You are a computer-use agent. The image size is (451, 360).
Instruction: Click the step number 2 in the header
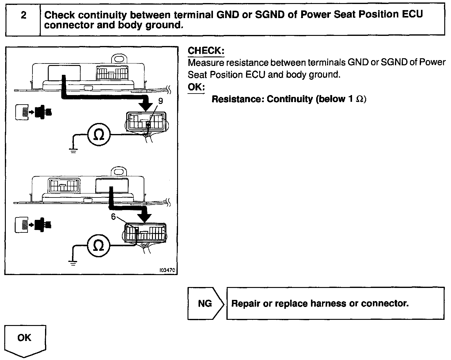23,15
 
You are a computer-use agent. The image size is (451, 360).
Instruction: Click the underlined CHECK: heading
206,51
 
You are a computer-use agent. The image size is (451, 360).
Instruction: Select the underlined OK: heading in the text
196,87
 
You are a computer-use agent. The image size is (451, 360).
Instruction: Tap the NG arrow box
205,304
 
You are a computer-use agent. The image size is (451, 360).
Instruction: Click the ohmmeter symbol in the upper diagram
99,135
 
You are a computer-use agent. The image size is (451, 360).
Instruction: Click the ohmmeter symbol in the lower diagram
98,246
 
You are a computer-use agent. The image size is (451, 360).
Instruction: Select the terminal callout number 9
161,101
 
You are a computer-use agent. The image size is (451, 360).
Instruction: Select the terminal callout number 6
114,217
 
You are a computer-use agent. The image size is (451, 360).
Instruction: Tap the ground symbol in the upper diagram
73,150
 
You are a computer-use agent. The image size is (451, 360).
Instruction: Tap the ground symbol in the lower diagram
73,262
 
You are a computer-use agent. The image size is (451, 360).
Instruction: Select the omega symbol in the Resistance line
360,99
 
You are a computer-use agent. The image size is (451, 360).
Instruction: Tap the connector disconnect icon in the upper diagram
34,112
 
